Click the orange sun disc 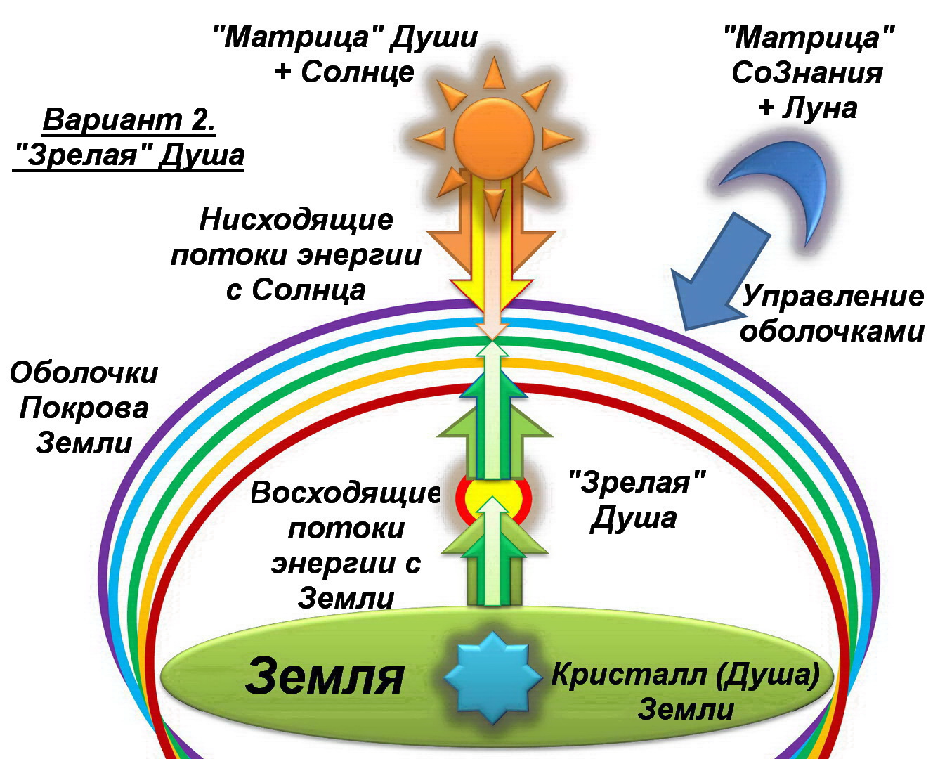pyautogui.click(x=493, y=134)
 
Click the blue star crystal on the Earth pyautogui.click(x=493, y=676)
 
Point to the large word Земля pyautogui.click(x=325, y=676)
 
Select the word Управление pyautogui.click(x=833, y=296)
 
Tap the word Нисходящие pyautogui.click(x=296, y=219)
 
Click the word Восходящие pyautogui.click(x=344, y=493)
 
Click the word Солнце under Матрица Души pyautogui.click(x=358, y=72)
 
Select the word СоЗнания pyautogui.click(x=807, y=72)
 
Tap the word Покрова pyautogui.click(x=84, y=408)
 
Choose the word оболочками pyautogui.click(x=832, y=330)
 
